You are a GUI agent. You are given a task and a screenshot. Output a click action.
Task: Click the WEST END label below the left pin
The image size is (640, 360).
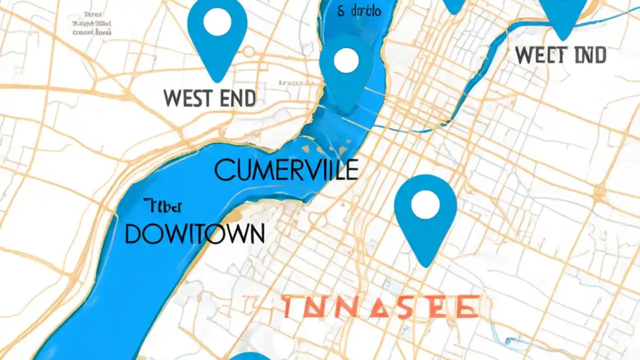point(209,98)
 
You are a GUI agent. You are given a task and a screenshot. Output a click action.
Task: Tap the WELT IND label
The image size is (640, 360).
point(560,55)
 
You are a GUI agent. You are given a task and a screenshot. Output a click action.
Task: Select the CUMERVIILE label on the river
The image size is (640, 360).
point(286,169)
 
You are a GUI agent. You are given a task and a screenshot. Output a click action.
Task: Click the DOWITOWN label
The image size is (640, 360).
point(194,233)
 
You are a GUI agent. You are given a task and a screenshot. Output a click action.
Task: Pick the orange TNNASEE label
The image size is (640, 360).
point(379,306)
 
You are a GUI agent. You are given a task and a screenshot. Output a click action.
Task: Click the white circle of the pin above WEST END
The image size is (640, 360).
point(217,22)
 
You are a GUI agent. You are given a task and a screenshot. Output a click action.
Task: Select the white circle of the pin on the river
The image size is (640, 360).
point(346,60)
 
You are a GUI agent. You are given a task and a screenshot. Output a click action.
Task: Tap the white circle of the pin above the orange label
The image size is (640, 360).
point(425,204)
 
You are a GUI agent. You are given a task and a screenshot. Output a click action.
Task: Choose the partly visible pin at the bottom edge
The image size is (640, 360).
point(250,356)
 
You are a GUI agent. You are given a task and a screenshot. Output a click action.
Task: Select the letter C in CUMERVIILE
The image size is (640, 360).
point(223,170)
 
